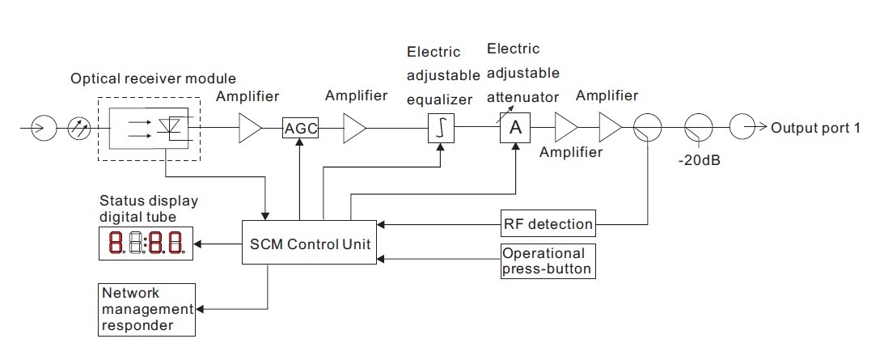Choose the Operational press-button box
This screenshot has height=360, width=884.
548,261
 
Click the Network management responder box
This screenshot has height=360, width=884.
146,309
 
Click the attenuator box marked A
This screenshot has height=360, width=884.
514,128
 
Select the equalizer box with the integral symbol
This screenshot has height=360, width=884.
440,128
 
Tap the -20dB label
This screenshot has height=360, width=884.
699,160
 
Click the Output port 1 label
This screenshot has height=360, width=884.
816,128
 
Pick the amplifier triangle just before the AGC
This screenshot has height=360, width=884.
250,128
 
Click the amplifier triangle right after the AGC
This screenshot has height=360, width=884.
354,128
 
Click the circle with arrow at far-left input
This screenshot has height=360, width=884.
43,128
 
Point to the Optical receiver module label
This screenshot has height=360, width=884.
154,79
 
